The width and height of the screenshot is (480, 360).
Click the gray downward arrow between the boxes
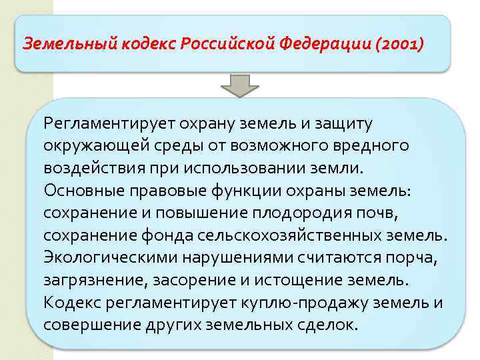click(x=239, y=86)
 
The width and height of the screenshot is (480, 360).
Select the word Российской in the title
click(x=226, y=44)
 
